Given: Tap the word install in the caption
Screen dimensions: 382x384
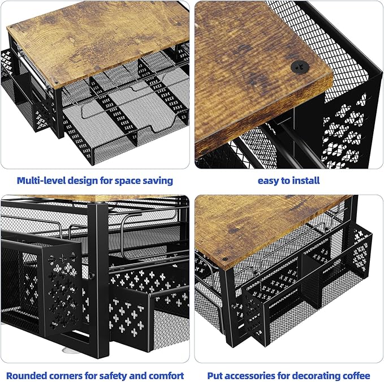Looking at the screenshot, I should [306, 181].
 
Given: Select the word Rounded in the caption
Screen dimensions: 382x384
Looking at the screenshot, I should [28, 375].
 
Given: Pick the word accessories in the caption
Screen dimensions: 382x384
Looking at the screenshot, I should [252, 375].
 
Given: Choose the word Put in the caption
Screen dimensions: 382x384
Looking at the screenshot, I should [215, 375].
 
